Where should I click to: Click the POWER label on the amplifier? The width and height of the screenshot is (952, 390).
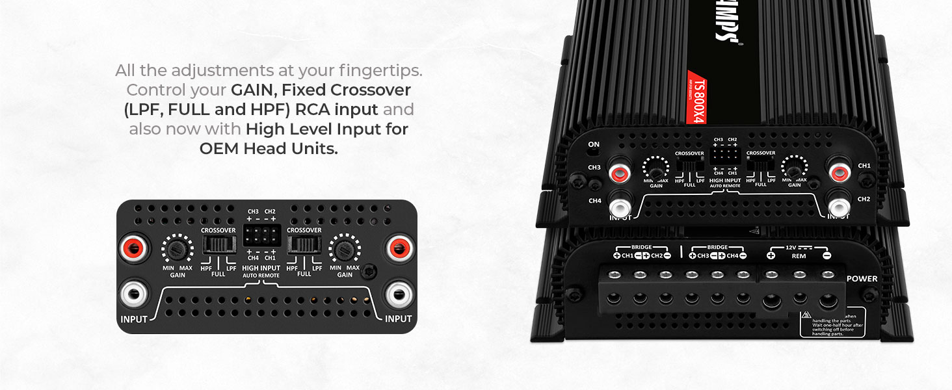(x=862, y=279)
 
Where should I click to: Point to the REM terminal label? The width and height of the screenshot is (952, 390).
(x=799, y=255)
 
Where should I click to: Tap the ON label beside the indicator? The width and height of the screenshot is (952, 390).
(x=593, y=144)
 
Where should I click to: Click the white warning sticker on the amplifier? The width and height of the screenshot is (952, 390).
(x=832, y=321)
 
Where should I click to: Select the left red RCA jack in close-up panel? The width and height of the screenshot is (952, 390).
(x=133, y=248)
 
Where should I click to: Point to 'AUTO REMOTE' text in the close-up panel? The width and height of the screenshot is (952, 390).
(x=261, y=276)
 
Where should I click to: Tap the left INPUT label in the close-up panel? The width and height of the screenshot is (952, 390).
(x=134, y=319)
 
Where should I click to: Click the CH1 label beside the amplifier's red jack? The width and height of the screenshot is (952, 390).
(x=864, y=166)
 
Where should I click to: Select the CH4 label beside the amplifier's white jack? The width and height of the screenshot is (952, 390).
(x=594, y=201)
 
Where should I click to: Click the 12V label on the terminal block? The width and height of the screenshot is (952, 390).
(x=790, y=248)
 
